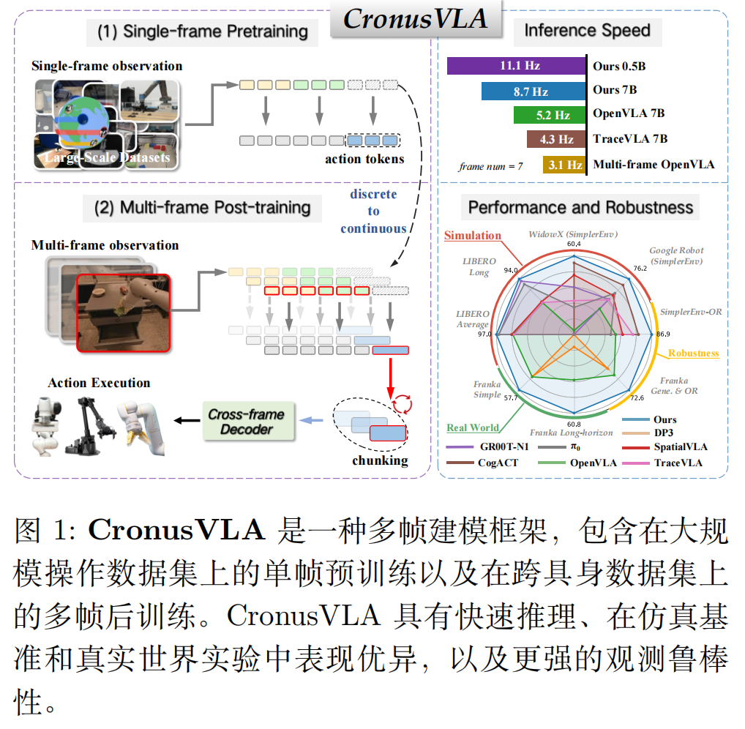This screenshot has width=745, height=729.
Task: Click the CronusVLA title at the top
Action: point(415,20)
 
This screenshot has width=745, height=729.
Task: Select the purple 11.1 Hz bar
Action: point(519,66)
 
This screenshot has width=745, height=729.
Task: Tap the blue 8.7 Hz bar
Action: point(534,91)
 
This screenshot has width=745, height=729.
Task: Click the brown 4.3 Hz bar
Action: point(556,139)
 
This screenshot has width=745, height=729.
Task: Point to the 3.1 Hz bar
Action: point(564,165)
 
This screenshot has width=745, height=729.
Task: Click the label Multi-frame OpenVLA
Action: point(654,165)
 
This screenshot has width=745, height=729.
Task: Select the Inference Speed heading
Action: point(587,31)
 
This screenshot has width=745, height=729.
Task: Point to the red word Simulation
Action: point(473,236)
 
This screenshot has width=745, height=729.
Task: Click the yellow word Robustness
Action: point(693,353)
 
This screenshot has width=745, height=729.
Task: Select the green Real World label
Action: point(473,427)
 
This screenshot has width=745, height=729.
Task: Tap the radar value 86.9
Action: point(663,334)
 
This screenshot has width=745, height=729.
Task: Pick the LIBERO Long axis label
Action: point(479,266)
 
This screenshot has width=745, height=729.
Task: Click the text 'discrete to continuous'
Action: point(373,212)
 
